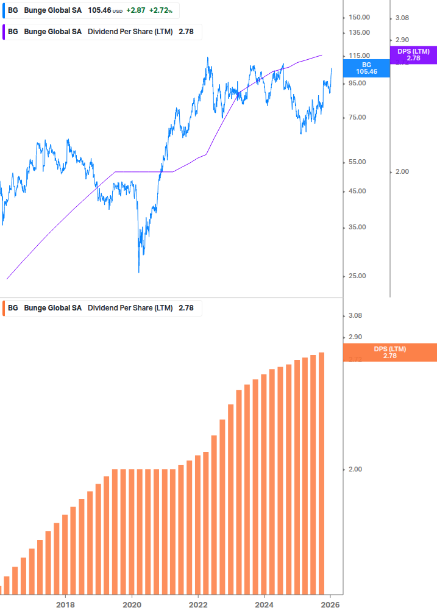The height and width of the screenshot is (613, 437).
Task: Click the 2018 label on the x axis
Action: coord(65,604)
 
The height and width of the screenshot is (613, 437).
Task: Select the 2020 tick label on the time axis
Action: coord(132,604)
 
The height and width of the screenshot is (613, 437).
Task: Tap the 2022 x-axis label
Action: coord(198,604)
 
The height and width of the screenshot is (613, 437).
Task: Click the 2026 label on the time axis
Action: coord(330,604)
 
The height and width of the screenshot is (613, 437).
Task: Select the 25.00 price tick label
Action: coord(358,276)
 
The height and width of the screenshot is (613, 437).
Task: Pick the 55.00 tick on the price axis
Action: coord(358,162)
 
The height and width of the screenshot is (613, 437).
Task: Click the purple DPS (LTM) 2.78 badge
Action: coord(413,55)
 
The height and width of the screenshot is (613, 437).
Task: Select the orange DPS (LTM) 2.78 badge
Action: coord(390,352)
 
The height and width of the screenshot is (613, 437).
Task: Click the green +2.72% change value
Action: coord(160,11)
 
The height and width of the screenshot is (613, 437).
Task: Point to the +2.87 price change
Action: coord(135,11)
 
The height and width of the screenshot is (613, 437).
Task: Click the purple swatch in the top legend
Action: coord(5,32)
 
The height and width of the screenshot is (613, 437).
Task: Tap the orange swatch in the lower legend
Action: coord(5,308)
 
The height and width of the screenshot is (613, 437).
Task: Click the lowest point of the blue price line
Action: coord(139,271)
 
